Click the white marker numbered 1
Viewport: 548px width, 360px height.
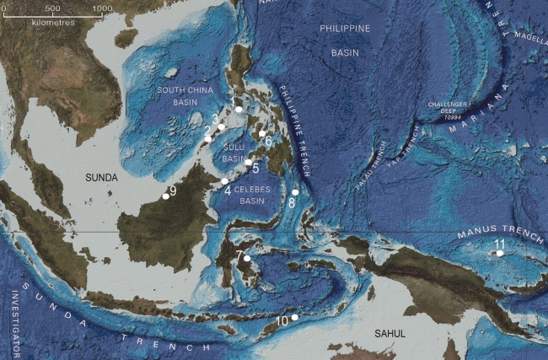[x=239, y=110]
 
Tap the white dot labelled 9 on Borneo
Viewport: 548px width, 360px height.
[x=165, y=196]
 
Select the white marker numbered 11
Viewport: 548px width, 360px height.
[x=500, y=253]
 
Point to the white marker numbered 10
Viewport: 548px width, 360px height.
[x=294, y=318]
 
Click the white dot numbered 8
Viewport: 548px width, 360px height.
[x=295, y=192]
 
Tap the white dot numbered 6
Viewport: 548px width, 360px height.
[x=262, y=134]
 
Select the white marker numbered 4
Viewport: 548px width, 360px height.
[x=224, y=181]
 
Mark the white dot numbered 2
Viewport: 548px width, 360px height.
[x=208, y=138]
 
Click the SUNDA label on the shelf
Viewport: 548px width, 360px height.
[x=105, y=177]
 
